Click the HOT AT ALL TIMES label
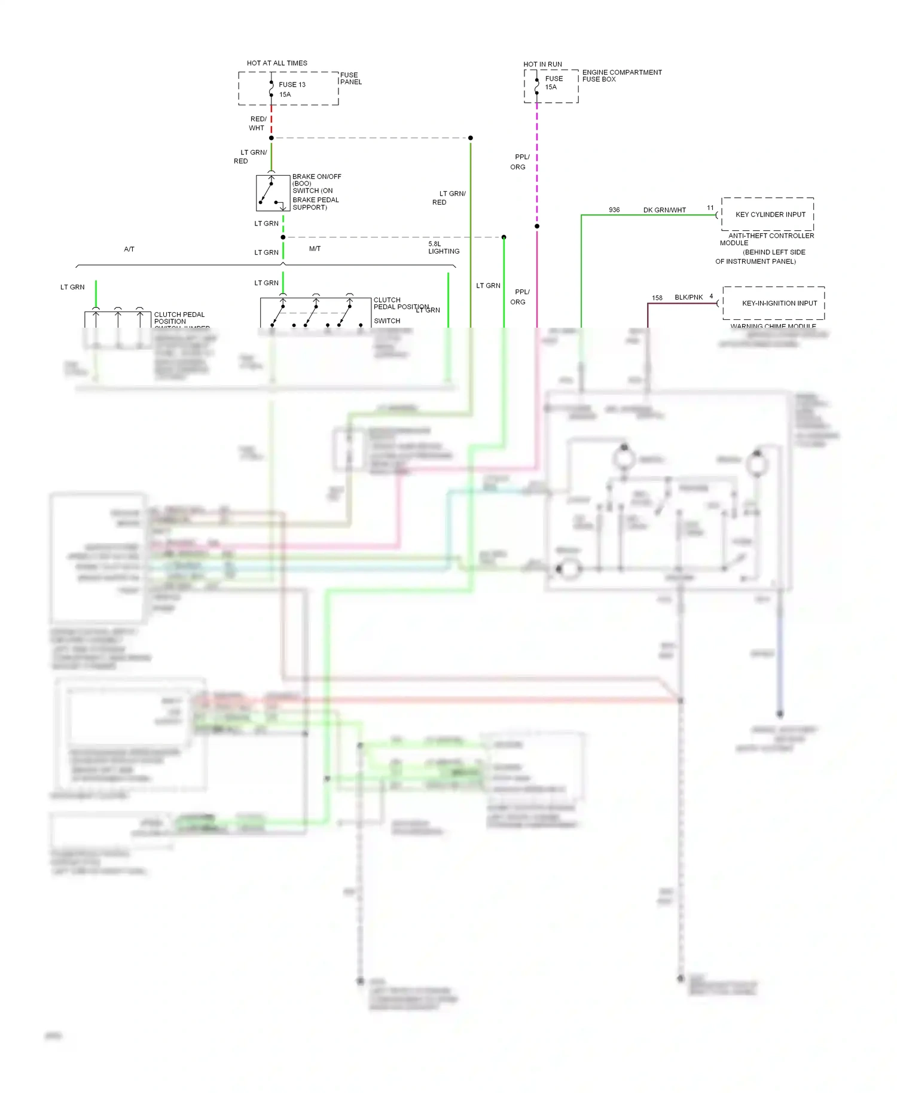tap(277, 63)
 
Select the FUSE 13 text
tap(292, 84)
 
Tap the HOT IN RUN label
tap(542, 64)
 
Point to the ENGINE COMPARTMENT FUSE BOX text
tap(621, 75)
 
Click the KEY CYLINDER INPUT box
tap(768, 214)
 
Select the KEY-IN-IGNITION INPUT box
tap(774, 303)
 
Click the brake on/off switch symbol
tap(273, 193)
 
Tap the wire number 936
tap(614, 210)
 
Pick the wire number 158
tap(657, 298)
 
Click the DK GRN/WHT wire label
tap(664, 210)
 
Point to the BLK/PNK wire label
tap(688, 297)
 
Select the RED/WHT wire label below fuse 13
tap(258, 123)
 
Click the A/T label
tap(129, 249)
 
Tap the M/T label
tap(315, 249)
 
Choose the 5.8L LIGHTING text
tap(443, 248)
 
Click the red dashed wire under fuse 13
tap(271, 122)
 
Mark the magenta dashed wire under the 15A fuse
tap(537, 161)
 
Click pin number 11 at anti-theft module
tap(710, 207)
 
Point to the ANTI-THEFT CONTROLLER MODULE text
tap(768, 239)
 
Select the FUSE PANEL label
tap(350, 78)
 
